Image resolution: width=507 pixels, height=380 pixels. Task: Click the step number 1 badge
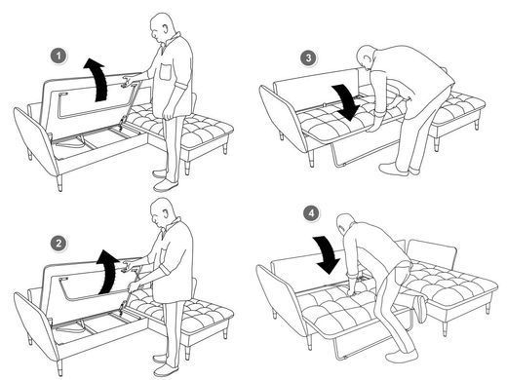(x=58, y=57)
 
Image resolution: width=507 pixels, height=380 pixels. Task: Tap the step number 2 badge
(x=58, y=244)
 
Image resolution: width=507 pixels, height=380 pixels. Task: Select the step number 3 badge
(x=308, y=57)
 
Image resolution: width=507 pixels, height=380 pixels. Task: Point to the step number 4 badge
(x=311, y=213)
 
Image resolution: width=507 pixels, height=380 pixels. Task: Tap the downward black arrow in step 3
(x=347, y=101)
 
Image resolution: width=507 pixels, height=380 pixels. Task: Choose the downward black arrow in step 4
(x=327, y=254)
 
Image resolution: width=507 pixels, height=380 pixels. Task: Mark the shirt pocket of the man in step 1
(x=166, y=71)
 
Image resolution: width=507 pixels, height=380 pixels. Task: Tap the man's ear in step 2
(x=167, y=214)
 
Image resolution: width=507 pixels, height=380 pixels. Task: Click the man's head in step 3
(x=367, y=57)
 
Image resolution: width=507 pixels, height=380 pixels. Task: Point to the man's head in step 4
(x=345, y=223)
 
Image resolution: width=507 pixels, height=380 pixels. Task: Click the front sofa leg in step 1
(x=59, y=183)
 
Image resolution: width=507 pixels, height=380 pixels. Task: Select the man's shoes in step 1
(x=165, y=180)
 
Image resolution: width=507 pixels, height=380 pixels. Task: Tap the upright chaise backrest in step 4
(x=432, y=250)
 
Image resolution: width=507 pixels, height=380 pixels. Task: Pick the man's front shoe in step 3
(x=393, y=170)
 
